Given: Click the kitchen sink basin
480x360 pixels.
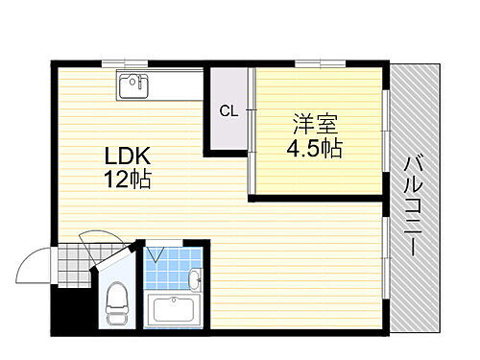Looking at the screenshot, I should [x=132, y=86].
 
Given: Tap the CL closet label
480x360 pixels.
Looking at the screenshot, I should [x=228, y=109].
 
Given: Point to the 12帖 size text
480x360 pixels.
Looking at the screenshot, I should [x=128, y=179].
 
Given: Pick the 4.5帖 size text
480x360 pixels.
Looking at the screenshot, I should [x=314, y=148].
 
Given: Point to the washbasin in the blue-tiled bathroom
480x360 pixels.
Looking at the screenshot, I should [x=196, y=279].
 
